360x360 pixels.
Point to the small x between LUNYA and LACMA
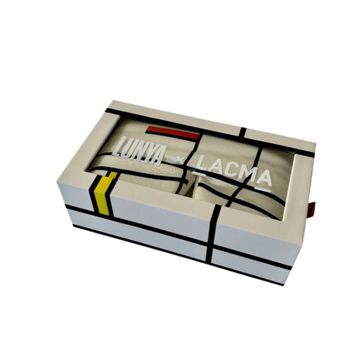[179, 162]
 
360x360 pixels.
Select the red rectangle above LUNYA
[173, 133]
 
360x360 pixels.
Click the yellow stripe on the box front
[103, 193]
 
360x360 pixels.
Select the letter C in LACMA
[231, 173]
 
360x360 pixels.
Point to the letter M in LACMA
[247, 177]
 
